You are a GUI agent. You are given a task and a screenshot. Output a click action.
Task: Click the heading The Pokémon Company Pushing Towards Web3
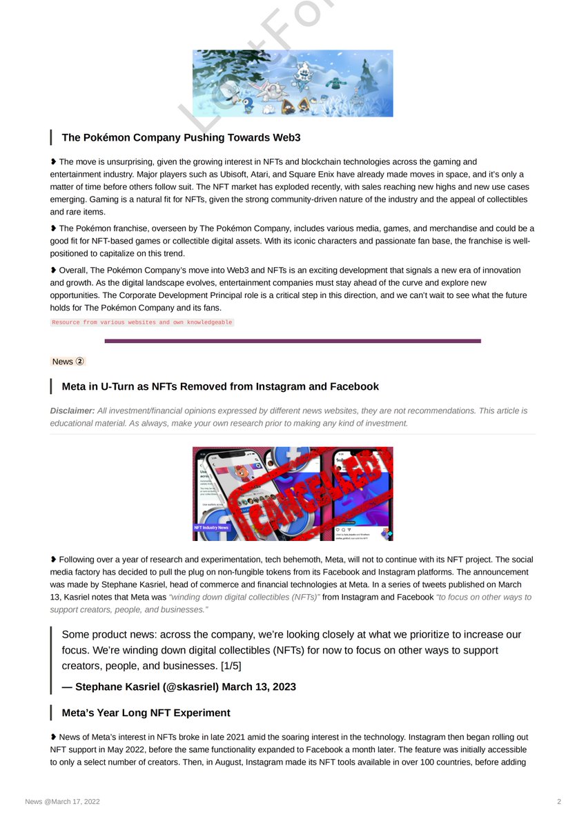181,137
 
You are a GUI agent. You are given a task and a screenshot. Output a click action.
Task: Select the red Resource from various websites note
142,322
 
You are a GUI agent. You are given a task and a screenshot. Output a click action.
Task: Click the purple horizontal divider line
293,341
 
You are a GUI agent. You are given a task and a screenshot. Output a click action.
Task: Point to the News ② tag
68,362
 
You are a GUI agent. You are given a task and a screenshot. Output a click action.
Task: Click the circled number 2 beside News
80,361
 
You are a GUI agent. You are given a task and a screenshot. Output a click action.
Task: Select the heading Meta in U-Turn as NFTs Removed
220,386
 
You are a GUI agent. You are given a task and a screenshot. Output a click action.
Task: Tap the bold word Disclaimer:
72,411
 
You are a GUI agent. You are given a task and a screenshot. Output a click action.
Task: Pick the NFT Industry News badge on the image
211,527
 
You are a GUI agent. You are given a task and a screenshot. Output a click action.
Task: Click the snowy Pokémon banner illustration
293,83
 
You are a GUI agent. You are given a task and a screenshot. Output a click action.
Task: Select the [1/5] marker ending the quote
231,666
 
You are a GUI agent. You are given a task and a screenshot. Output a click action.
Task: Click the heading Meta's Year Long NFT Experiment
146,713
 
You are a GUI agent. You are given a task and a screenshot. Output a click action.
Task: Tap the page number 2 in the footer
559,801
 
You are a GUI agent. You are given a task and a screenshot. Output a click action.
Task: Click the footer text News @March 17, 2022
63,801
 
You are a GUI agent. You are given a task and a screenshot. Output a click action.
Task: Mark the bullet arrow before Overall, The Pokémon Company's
54,270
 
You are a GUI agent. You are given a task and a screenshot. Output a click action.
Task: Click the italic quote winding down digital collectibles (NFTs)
244,597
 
